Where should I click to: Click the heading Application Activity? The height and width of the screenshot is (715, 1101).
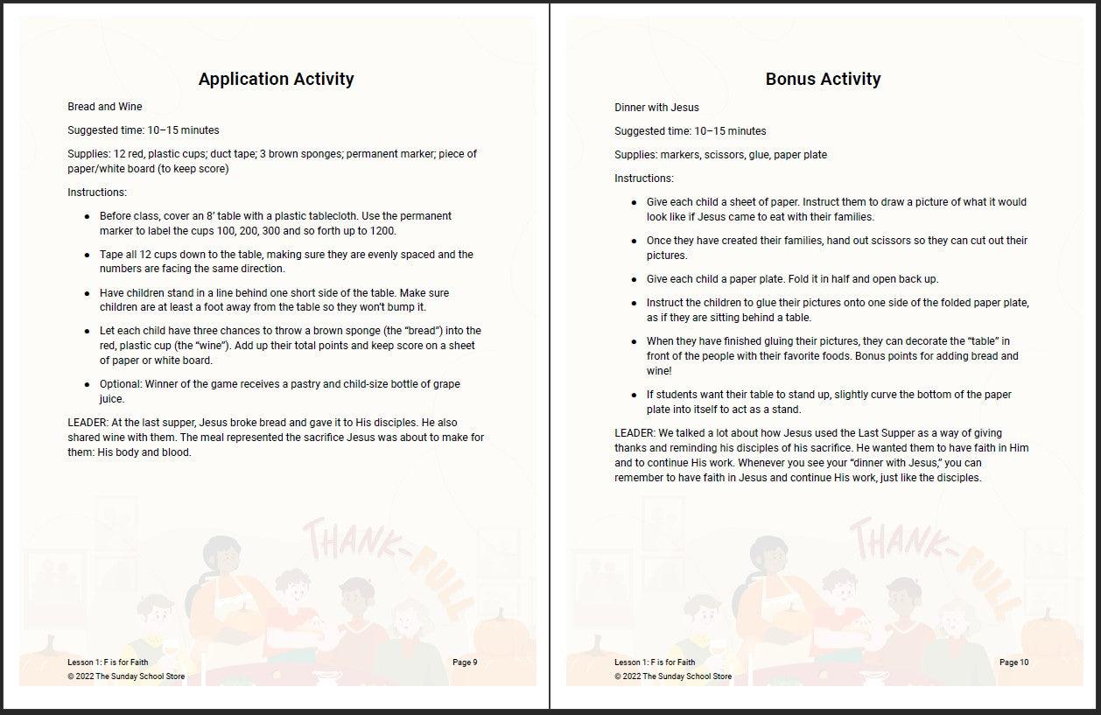click(276, 79)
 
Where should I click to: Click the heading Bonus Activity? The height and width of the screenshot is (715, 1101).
click(823, 79)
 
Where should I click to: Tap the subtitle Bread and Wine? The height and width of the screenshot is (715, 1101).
click(104, 107)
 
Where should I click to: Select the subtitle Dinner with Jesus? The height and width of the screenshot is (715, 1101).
click(656, 108)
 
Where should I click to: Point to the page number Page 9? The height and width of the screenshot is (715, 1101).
click(465, 662)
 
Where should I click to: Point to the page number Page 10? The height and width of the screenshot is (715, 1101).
click(1013, 662)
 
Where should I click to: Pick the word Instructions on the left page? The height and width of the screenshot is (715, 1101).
click(96, 193)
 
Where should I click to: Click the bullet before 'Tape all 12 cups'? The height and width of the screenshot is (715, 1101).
click(87, 256)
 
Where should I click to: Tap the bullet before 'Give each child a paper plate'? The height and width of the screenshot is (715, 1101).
click(635, 280)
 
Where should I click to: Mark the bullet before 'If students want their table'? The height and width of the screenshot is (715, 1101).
click(635, 396)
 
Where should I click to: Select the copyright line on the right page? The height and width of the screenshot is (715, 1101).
click(672, 676)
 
